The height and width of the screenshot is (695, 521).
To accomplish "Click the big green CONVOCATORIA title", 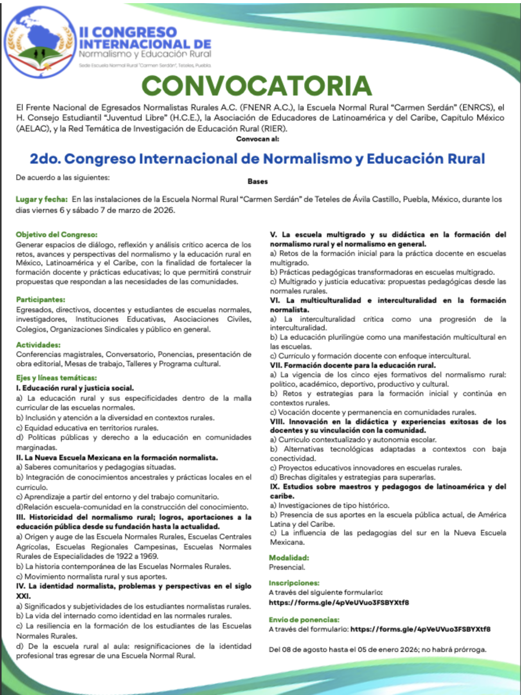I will (257, 86).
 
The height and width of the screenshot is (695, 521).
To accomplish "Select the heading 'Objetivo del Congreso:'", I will (57, 234).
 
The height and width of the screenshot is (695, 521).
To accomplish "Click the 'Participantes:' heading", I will (41, 299).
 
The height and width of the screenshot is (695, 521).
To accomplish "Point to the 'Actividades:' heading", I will (38, 345).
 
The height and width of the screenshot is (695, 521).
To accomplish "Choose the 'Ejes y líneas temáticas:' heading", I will (56, 378).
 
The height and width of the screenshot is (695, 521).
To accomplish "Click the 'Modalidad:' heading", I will (289, 558).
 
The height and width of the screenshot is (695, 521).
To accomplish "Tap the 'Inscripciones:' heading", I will (294, 583).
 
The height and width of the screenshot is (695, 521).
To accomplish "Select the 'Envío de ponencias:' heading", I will (304, 619).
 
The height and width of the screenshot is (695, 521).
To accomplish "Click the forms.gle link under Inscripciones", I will (339, 602).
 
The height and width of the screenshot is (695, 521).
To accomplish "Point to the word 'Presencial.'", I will (287, 567).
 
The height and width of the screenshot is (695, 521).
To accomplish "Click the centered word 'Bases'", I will (257, 181).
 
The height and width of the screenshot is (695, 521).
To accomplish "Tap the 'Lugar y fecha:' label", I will (41, 199).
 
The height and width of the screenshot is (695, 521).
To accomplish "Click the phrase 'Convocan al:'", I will (257, 139).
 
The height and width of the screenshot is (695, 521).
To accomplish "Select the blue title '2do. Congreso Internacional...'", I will (257, 158).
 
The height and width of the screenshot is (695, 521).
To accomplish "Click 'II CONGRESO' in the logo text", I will (128, 32).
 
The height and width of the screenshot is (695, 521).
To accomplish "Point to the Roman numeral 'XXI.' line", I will (23, 596).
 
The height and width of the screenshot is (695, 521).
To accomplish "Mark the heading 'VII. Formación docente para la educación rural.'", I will (352, 365).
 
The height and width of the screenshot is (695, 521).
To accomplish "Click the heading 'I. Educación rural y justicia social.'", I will (75, 388).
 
